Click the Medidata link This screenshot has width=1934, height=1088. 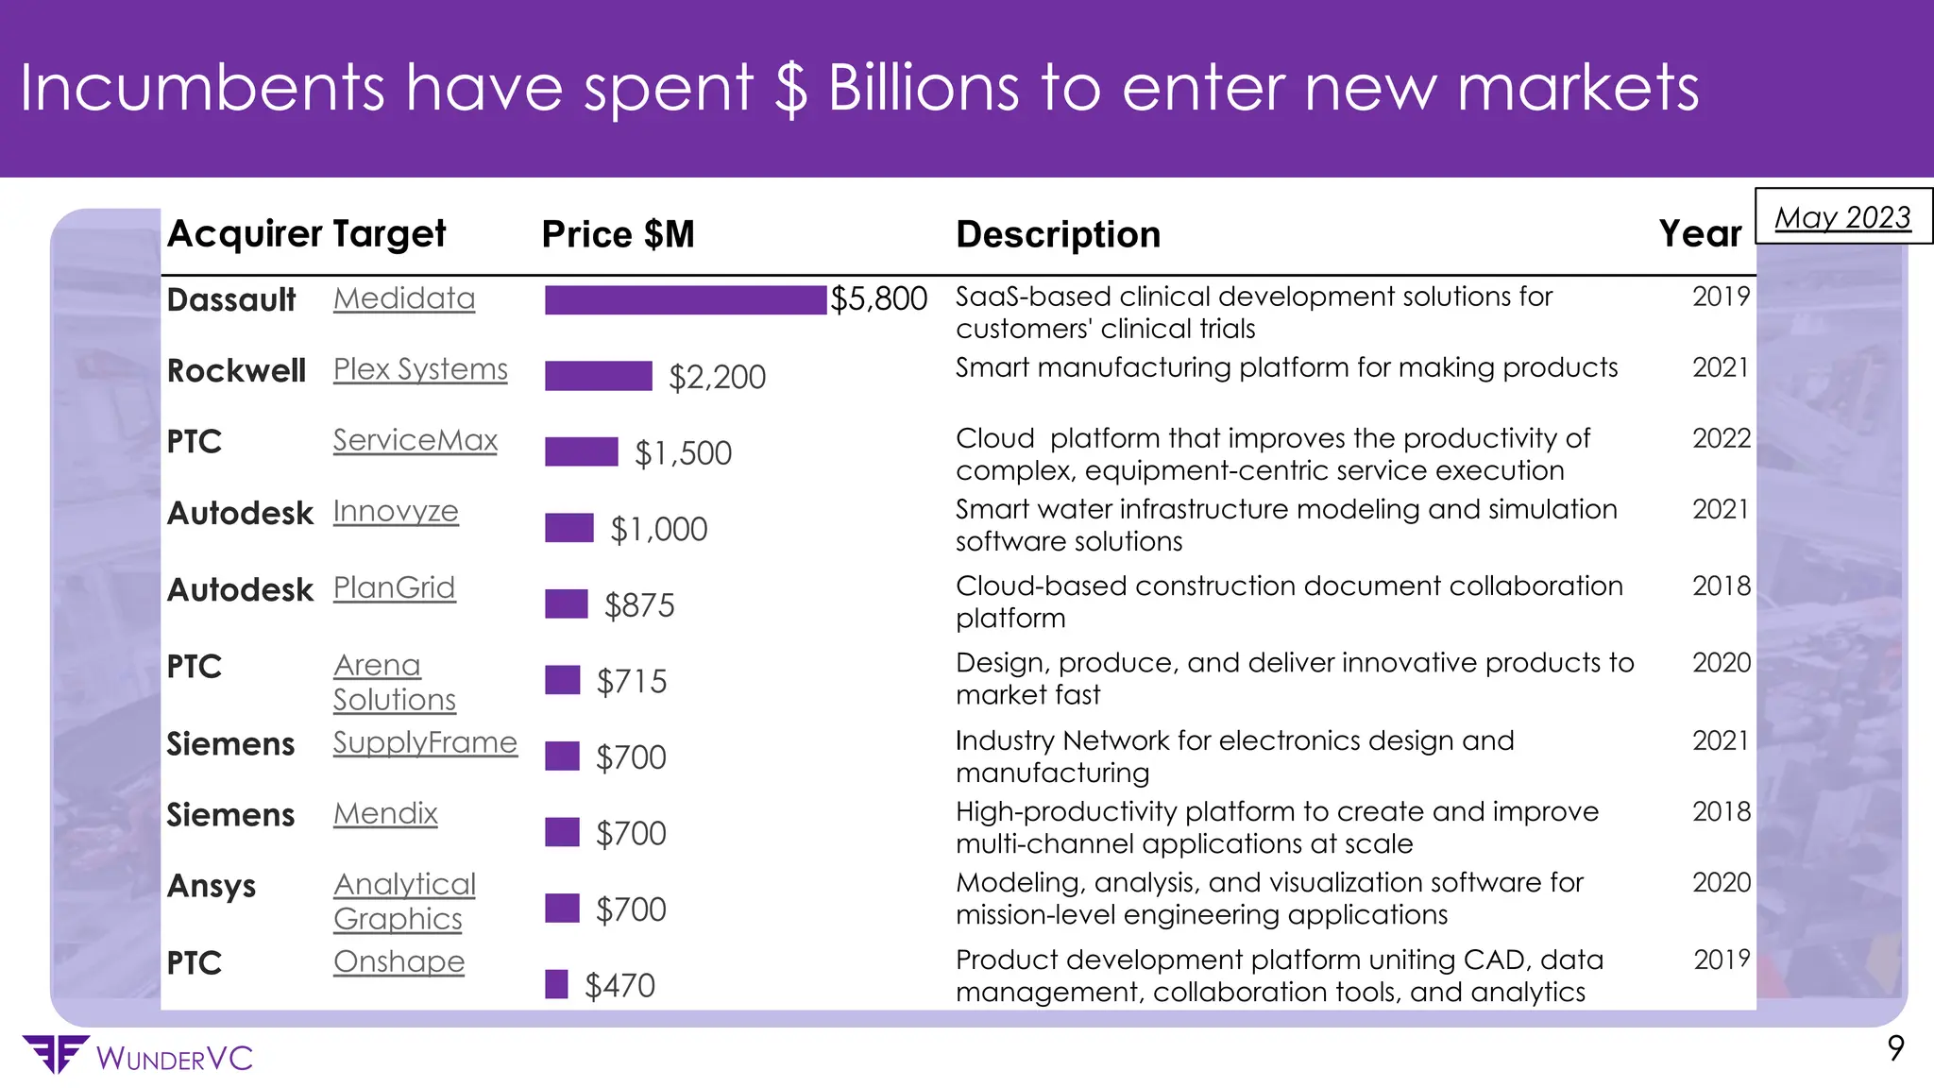pyautogui.click(x=404, y=298)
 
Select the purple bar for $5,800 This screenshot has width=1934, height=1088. pyautogui.click(x=685, y=299)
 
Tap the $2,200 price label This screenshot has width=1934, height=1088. pyautogui.click(x=717, y=377)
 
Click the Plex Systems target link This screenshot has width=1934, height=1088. pyautogui.click(x=420, y=369)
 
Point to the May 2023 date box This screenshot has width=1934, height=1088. pyautogui.click(x=1842, y=217)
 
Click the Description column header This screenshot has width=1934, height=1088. pyautogui.click(x=1058, y=234)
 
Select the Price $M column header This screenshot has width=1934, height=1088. pyautogui.click(x=618, y=234)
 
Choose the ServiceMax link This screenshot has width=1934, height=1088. pyautogui.click(x=415, y=440)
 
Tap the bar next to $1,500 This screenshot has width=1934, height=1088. pyautogui.click(x=581, y=451)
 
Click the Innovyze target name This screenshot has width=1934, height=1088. pyautogui.click(x=396, y=511)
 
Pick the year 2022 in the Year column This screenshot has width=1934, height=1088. pyautogui.click(x=1721, y=438)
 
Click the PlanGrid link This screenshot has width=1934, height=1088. pyautogui.click(x=394, y=587)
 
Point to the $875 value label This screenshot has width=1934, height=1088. pyautogui.click(x=639, y=605)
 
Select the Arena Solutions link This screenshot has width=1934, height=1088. pyautogui.click(x=394, y=682)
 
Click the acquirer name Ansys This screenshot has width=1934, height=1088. pyautogui.click(x=212, y=886)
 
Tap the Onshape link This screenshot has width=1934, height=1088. pyautogui.click(x=399, y=961)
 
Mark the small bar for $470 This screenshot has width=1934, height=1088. pyautogui.click(x=556, y=984)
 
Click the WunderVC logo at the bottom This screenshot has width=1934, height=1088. pyautogui.click(x=137, y=1056)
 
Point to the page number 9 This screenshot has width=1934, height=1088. pyautogui.click(x=1895, y=1048)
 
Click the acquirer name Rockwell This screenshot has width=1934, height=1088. pyautogui.click(x=236, y=370)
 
